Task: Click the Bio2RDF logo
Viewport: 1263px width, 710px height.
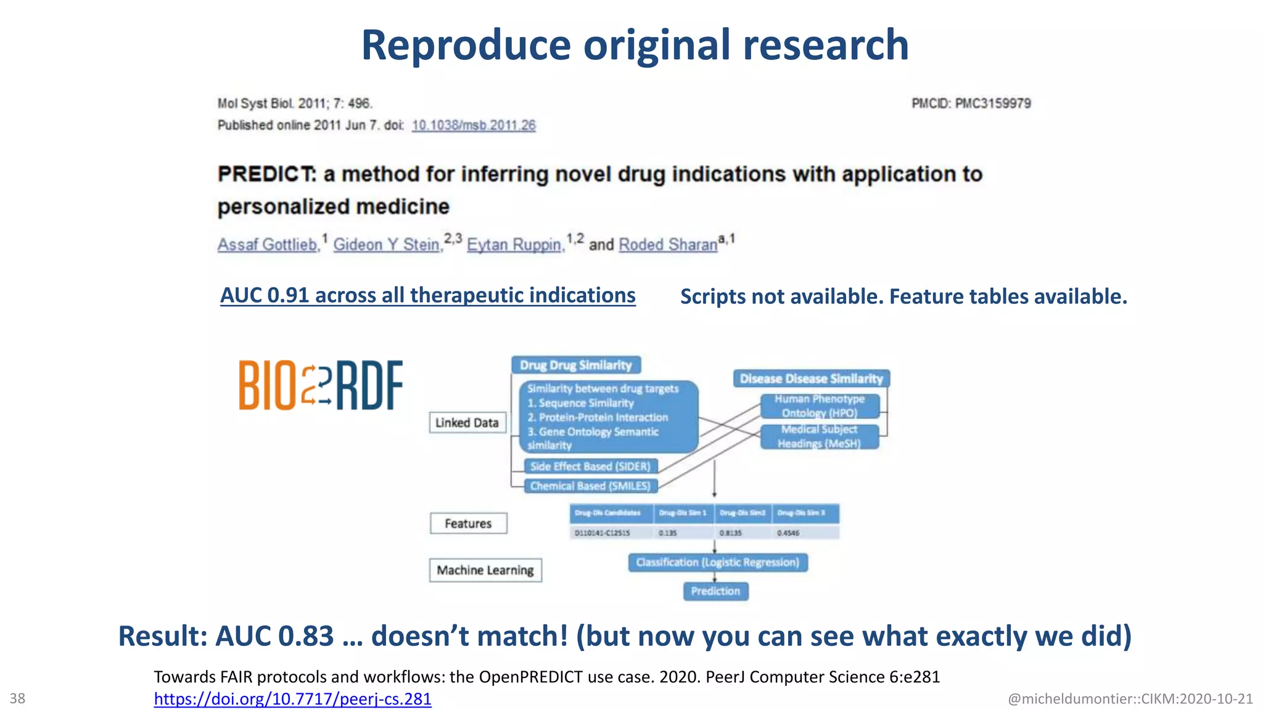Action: coord(321,385)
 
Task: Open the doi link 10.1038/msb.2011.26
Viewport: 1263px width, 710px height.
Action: coord(474,125)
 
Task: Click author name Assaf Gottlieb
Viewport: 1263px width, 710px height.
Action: coord(268,245)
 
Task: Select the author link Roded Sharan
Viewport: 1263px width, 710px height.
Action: coord(668,245)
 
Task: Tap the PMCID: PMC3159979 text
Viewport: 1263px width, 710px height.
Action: coord(971,104)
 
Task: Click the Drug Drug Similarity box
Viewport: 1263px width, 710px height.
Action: coord(575,365)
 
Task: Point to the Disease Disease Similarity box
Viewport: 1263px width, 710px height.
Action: coord(811,378)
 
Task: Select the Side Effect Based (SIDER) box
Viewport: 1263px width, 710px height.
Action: coord(590,467)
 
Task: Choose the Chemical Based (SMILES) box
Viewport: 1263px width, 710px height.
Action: coord(590,486)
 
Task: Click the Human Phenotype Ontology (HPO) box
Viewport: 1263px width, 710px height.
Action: coord(820,406)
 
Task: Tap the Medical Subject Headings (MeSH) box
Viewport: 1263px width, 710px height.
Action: coord(819,436)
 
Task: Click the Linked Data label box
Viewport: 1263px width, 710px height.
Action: coord(467,423)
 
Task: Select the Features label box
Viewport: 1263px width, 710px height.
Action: coord(468,523)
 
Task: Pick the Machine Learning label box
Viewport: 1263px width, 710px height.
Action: coord(485,570)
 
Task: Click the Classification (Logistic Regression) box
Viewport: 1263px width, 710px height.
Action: coord(717,562)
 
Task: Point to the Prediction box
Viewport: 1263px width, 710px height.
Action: coord(715,591)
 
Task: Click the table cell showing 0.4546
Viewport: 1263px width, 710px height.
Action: coord(789,532)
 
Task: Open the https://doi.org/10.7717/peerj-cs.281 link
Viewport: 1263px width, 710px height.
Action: coord(292,699)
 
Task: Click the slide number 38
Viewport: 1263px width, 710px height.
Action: coord(17,698)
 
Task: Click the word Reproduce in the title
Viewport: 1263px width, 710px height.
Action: coord(466,45)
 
